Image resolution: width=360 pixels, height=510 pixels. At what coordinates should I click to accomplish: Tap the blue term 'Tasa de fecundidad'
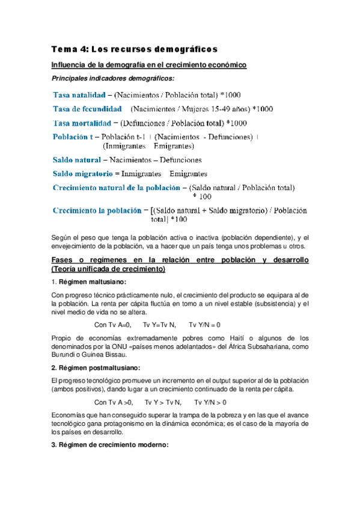click(x=88, y=109)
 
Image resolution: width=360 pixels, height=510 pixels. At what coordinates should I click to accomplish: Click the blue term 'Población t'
click(x=73, y=137)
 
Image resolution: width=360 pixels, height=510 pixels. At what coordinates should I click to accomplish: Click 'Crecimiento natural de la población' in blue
click(x=116, y=188)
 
